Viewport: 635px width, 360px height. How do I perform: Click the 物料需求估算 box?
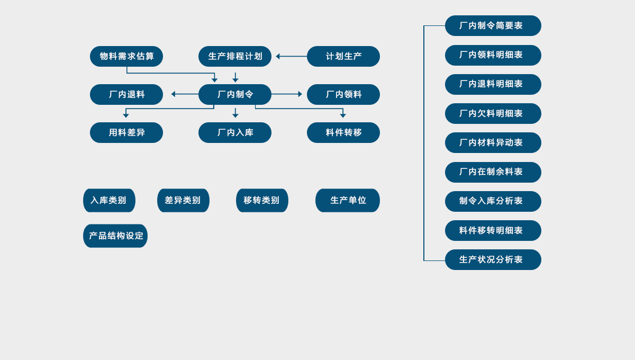[x=126, y=57]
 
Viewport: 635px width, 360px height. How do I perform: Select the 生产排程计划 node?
[x=235, y=57]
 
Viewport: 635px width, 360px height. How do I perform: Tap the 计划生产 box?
[x=343, y=57]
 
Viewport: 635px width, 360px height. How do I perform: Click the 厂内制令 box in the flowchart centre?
[x=235, y=95]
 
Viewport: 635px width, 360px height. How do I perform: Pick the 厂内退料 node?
[x=126, y=95]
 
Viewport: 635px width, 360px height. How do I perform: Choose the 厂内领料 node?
[x=343, y=95]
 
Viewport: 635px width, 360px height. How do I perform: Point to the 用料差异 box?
[x=126, y=133]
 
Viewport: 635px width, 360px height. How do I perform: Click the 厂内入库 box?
[x=235, y=133]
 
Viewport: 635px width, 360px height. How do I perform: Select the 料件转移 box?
[x=343, y=133]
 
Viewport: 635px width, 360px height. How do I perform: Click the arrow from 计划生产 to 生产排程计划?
[x=291, y=57]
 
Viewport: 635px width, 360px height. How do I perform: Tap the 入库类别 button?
[x=109, y=201]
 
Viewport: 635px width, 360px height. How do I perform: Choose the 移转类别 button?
[x=262, y=201]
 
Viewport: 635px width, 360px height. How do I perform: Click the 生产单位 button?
[x=348, y=201]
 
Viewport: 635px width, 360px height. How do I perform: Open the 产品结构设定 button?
[x=115, y=236]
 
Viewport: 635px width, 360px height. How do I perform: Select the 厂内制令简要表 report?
[x=493, y=26]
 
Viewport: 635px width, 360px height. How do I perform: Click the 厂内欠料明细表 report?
[x=493, y=114]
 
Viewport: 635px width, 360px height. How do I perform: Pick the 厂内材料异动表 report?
[x=493, y=143]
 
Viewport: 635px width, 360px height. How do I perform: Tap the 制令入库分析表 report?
[x=493, y=202]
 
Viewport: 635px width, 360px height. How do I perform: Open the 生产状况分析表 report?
[x=493, y=260]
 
